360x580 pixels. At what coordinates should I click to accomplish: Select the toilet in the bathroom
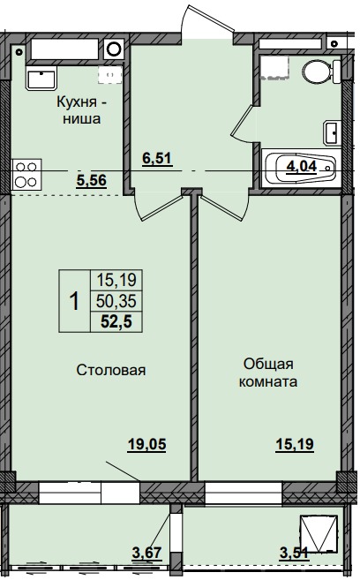pos(314,72)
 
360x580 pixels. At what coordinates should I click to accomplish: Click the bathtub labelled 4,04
pos(300,167)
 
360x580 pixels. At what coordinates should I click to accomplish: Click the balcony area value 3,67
pos(146,553)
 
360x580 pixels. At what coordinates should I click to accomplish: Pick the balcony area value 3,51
pos(293,553)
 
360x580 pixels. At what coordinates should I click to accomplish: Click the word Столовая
pos(111,371)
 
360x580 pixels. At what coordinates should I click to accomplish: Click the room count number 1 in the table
pos(74,302)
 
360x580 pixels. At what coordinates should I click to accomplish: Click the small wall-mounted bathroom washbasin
pos(332,134)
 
